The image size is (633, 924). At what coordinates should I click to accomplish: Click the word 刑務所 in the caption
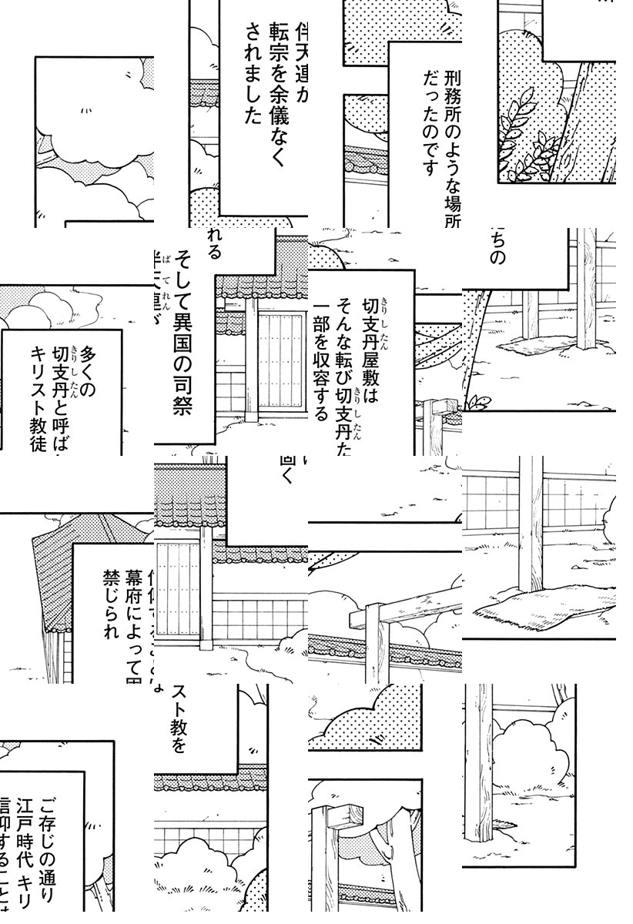451,75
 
